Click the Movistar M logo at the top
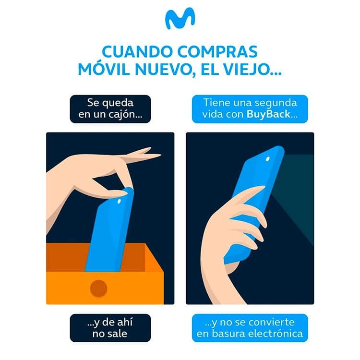(x=180, y=18)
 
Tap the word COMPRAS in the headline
(x=217, y=52)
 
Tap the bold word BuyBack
(x=268, y=114)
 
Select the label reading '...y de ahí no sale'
(x=110, y=328)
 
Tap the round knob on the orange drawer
(x=99, y=288)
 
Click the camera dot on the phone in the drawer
(x=119, y=201)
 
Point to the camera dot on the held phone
(x=268, y=159)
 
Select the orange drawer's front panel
(x=105, y=288)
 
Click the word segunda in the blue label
(x=277, y=103)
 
